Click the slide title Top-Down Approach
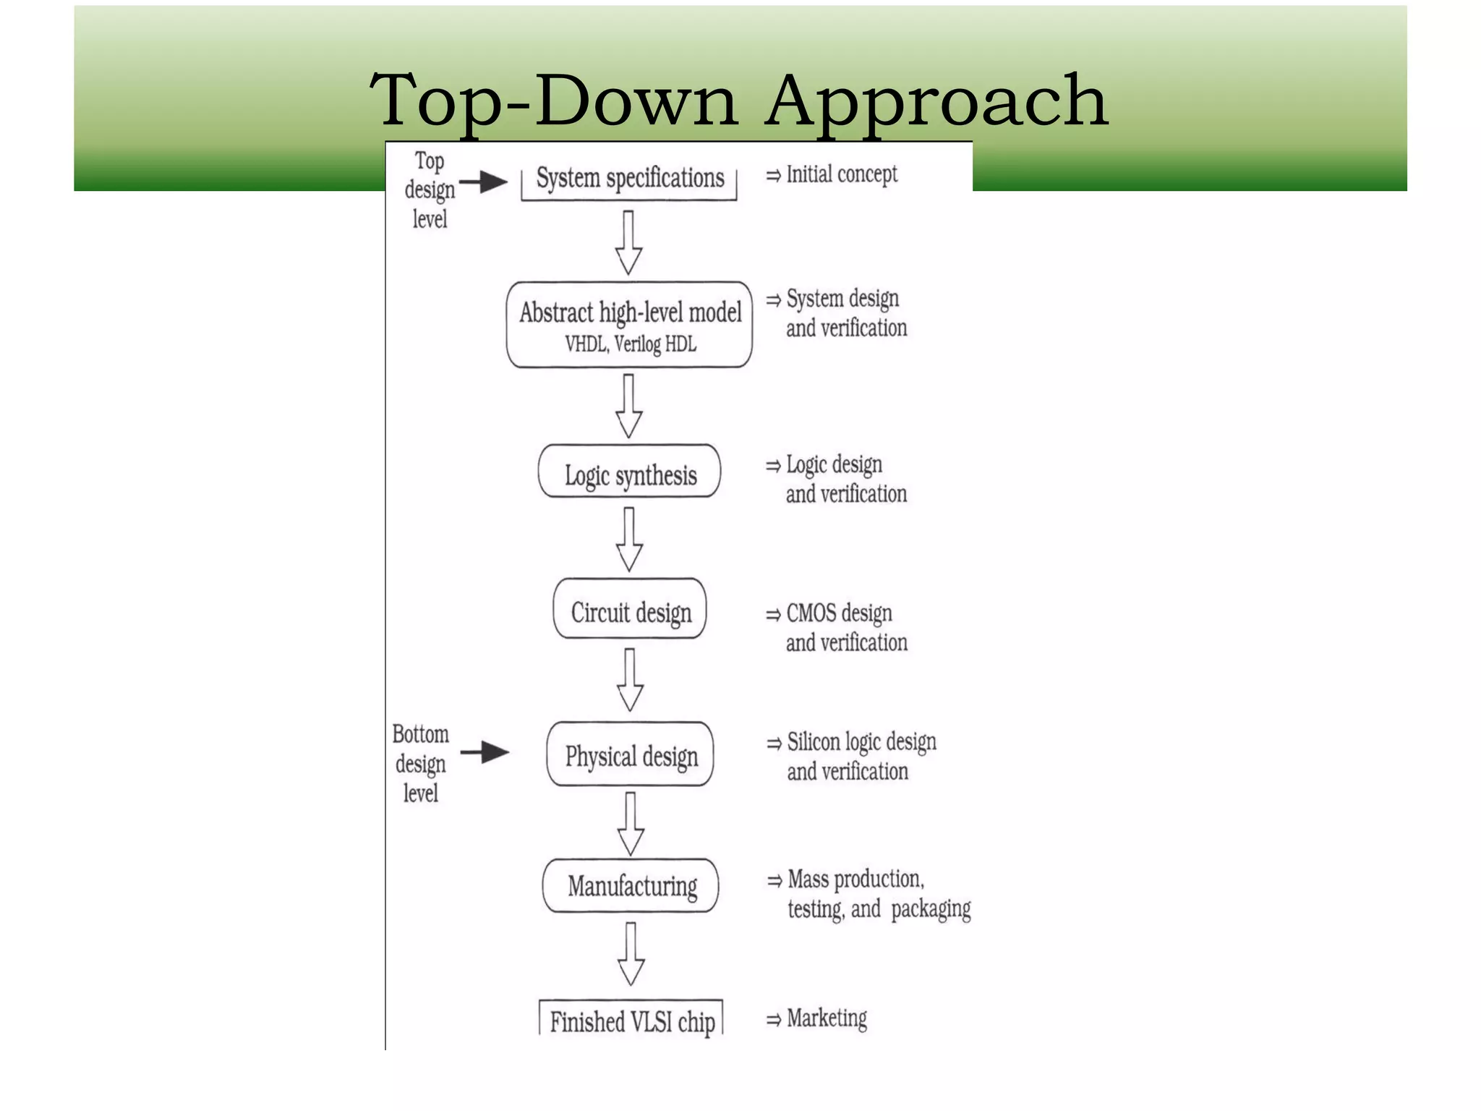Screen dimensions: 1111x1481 pos(738,101)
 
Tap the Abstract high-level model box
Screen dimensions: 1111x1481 pos(629,325)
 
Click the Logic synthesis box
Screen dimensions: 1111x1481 pos(629,472)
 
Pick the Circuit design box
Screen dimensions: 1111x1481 pos(630,609)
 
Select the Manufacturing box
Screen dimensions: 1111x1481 pos(631,885)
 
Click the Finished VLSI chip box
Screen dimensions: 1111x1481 pos(631,1019)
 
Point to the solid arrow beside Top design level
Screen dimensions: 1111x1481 pos(484,182)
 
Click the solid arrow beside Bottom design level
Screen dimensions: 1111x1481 pos(485,752)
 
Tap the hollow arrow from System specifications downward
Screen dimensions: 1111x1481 pos(628,242)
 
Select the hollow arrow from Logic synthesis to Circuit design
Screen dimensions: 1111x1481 pos(629,539)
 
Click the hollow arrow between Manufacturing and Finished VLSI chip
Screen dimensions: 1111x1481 pos(631,953)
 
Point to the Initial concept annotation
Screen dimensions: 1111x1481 pos(841,174)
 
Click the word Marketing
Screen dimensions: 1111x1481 pos(827,1018)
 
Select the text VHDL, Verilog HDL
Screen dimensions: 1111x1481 pos(630,344)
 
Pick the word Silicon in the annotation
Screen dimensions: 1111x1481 pos(814,742)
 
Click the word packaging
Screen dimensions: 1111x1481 pos(931,909)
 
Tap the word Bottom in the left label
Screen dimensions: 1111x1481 pos(420,734)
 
